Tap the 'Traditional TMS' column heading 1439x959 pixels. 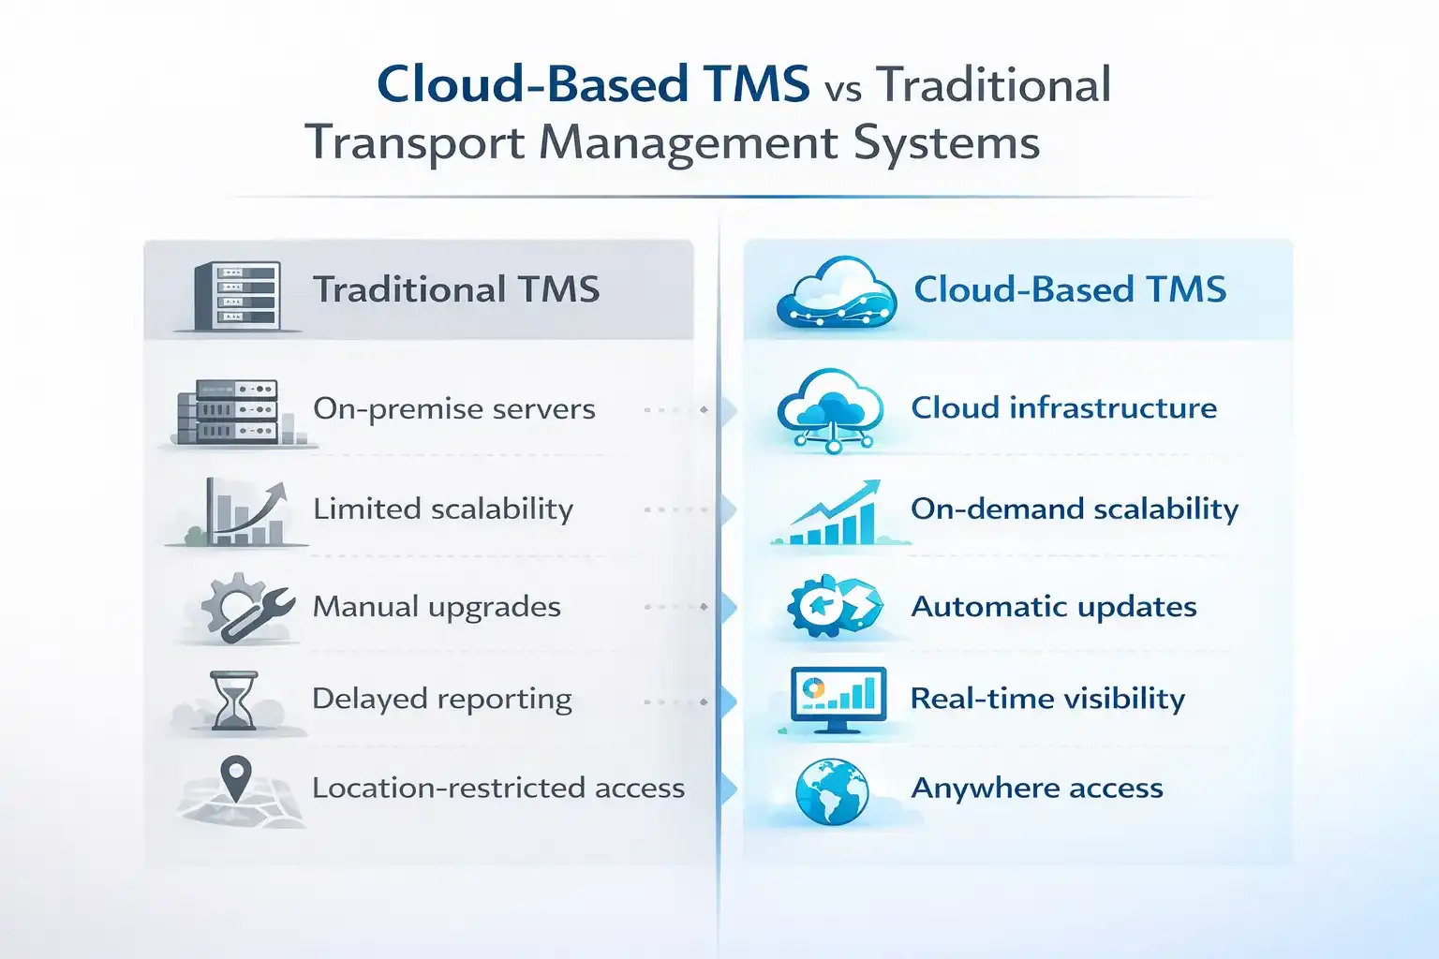pyautogui.click(x=456, y=289)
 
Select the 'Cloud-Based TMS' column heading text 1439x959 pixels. pyautogui.click(x=1070, y=289)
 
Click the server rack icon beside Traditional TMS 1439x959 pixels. pyautogui.click(x=238, y=295)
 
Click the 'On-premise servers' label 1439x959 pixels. pyautogui.click(x=454, y=409)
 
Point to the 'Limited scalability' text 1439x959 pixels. pyautogui.click(x=443, y=509)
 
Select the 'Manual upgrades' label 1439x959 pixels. pyautogui.click(x=437, y=607)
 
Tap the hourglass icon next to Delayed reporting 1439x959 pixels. pyautogui.click(x=233, y=700)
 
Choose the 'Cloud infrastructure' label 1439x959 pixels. pyautogui.click(x=1063, y=408)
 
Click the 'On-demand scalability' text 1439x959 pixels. pyautogui.click(x=1075, y=509)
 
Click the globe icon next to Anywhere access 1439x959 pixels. pyautogui.click(x=831, y=791)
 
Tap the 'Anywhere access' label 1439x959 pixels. pyautogui.click(x=1037, y=789)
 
